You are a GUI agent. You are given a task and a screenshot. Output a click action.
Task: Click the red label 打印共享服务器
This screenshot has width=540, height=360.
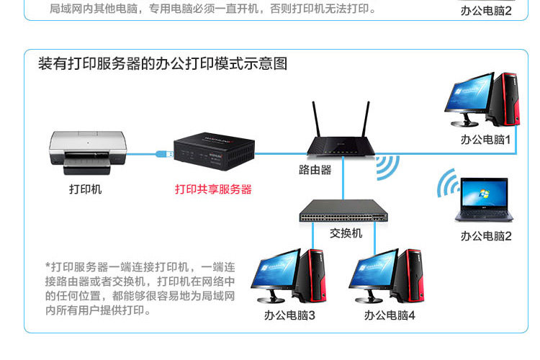[x=213, y=189]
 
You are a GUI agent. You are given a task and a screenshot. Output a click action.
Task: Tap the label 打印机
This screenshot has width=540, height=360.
[x=86, y=189]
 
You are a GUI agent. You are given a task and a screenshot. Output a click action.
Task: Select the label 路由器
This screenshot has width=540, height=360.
[x=315, y=171]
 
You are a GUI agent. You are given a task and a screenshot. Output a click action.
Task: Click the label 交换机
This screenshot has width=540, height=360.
[x=346, y=234]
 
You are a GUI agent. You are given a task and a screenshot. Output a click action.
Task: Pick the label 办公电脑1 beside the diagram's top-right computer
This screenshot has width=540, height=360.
[x=486, y=140]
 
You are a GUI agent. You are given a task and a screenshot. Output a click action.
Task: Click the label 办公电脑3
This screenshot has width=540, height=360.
[x=289, y=315]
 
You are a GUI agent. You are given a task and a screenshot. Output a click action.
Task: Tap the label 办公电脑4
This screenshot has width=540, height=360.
[x=389, y=315]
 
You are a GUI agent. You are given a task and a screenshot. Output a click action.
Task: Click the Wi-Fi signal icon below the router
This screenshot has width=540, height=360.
[x=387, y=169]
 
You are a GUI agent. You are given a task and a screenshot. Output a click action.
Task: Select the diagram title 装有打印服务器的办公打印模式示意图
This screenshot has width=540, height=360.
[x=163, y=64]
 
